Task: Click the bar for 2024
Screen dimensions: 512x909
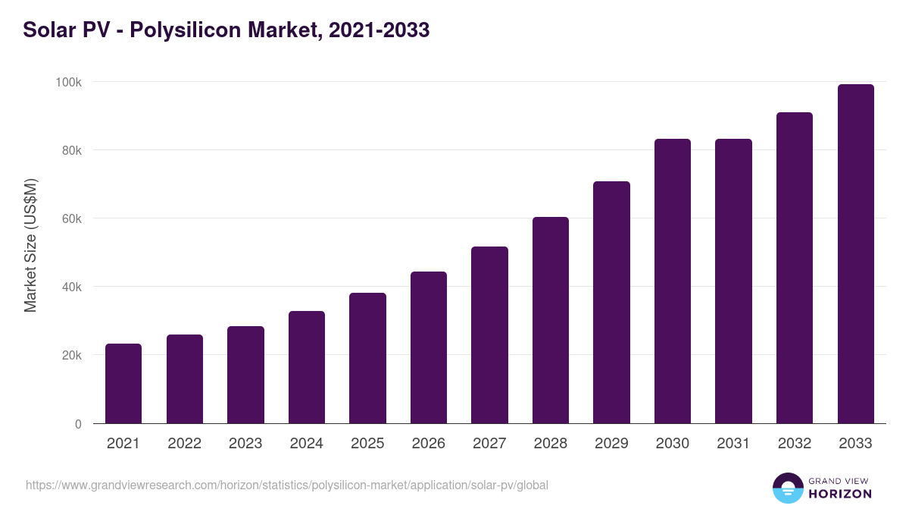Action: pos(307,367)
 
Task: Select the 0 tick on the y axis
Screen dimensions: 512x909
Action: pos(77,424)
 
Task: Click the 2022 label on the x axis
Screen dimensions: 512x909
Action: pos(184,444)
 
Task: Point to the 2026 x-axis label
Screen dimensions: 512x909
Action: pos(429,444)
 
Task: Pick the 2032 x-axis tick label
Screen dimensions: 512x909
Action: pos(795,444)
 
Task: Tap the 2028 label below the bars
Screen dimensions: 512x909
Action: pos(551,444)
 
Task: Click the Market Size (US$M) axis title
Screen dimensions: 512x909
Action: pos(30,245)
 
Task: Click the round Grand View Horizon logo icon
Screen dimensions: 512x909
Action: pos(787,488)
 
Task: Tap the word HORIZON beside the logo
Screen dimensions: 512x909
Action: pos(840,494)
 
